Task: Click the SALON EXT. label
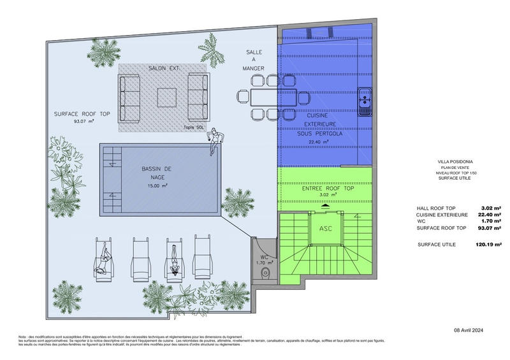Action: (164, 68)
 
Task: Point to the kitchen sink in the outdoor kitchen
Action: (365, 101)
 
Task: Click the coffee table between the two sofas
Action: (167, 97)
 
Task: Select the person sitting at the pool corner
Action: (216, 140)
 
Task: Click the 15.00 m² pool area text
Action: (155, 186)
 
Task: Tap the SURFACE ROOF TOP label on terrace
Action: (82, 114)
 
